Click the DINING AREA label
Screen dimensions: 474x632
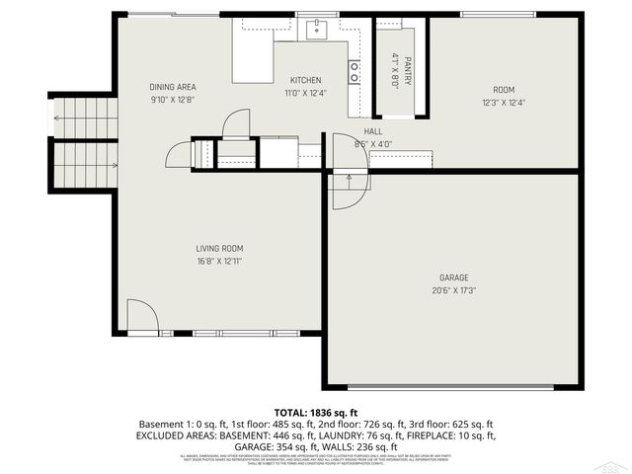(173, 87)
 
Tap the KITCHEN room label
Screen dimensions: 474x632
(304, 80)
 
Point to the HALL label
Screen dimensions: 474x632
(372, 131)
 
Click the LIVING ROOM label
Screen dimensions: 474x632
(219, 249)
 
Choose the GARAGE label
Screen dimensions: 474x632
(454, 277)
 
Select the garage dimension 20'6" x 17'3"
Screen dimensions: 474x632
(454, 290)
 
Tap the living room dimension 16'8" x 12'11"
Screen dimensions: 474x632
(219, 262)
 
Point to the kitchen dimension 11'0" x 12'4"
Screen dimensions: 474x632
(304, 93)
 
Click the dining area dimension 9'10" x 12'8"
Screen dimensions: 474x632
(173, 100)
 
